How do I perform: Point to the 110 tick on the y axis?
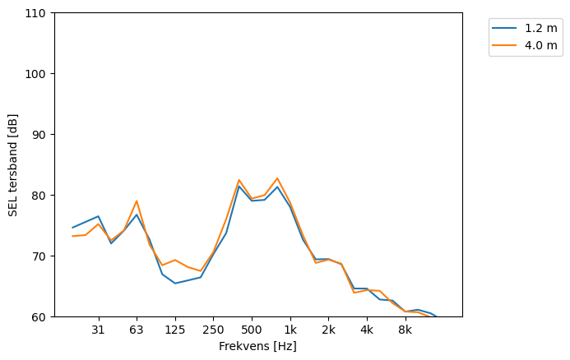pos(38,13)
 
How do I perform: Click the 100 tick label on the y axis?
pos(38,74)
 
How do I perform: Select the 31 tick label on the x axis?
pos(98,330)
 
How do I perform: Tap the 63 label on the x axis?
pos(137,330)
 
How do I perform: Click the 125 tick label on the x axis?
pos(175,330)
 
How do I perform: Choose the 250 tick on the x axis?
pos(213,330)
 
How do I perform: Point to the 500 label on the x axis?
pos(252,330)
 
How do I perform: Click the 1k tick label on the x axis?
pos(290,330)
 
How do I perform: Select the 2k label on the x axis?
pos(328,330)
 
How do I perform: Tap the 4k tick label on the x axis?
pos(367,330)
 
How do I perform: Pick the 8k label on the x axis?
pos(405,330)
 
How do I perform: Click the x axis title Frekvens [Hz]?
pos(257,346)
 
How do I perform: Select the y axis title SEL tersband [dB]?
pos(13,164)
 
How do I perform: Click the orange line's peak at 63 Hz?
pos(137,201)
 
